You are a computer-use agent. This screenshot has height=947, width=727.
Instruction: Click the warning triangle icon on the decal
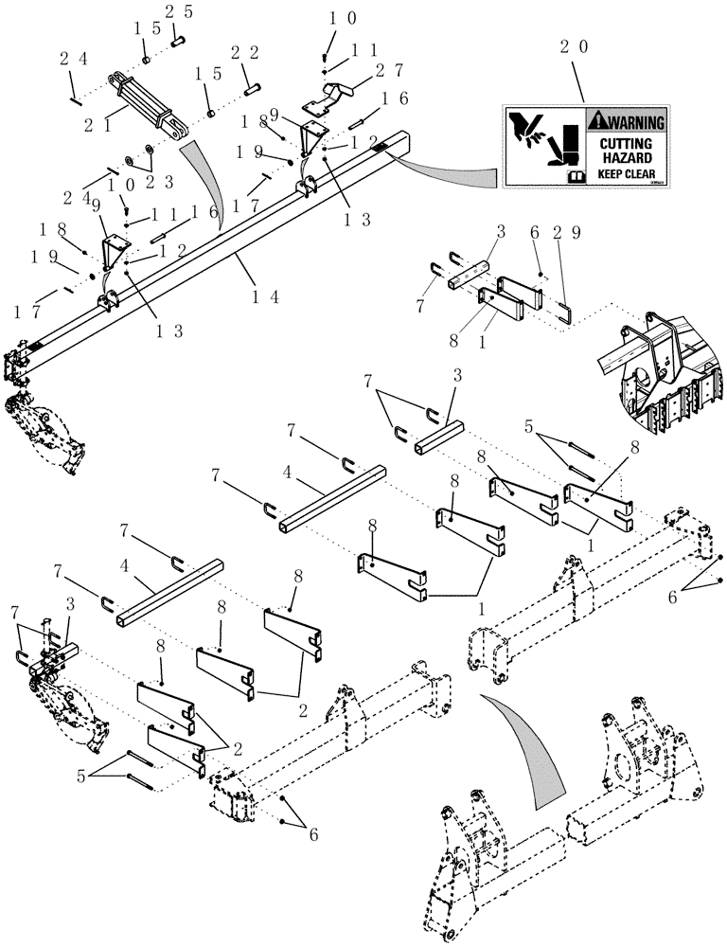596,121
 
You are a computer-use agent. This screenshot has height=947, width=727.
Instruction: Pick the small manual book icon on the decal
574,176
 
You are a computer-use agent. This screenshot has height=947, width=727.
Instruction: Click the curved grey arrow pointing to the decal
445,172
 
